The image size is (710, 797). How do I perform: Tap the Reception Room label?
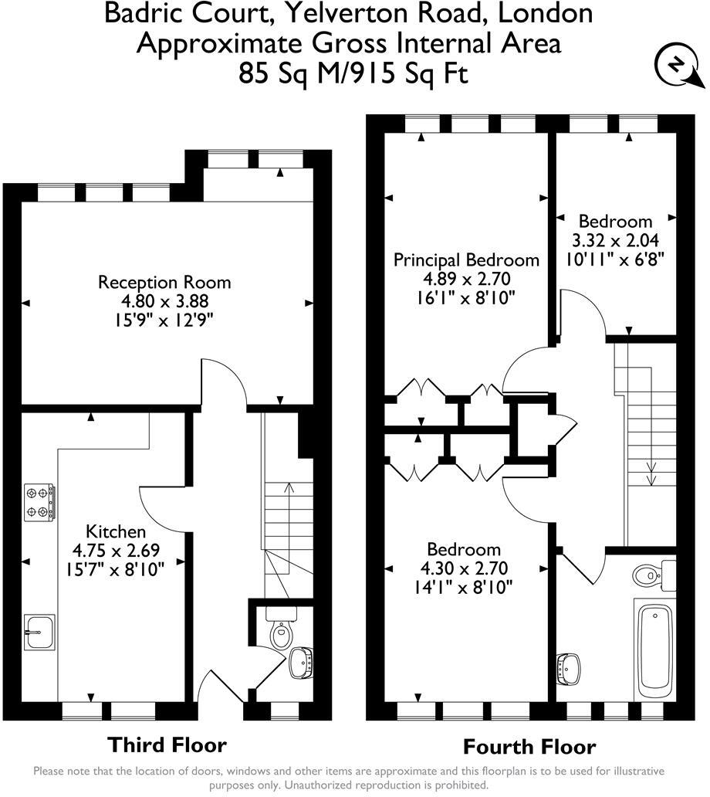pos(164,283)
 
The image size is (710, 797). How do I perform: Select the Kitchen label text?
pos(115,531)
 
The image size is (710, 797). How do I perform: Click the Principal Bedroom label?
pos(466,260)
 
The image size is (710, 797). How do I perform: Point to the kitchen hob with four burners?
pos(40,502)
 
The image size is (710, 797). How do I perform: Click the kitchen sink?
pos(39,633)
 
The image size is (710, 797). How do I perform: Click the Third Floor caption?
pos(167,744)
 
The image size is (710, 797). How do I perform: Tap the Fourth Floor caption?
pos(529,747)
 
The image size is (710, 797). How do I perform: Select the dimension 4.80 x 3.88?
pos(164,301)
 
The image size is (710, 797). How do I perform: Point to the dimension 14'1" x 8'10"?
pos(465,587)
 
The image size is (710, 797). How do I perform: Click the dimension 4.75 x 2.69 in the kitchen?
pos(115,551)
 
